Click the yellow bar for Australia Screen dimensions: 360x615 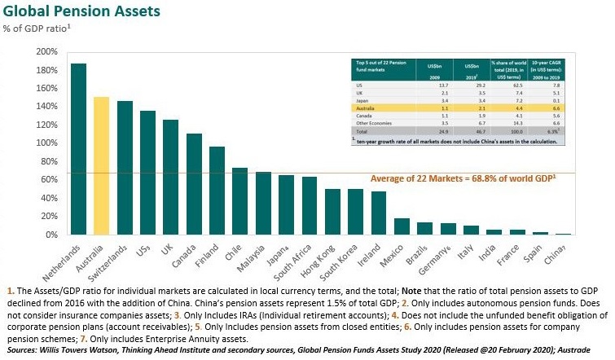click(102, 166)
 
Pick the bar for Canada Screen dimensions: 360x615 click(194, 184)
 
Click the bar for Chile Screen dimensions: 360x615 click(240, 201)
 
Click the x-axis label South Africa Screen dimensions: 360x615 click(291, 258)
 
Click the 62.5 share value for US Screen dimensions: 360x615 click(505, 86)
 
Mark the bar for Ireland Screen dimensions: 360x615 click(379, 213)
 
